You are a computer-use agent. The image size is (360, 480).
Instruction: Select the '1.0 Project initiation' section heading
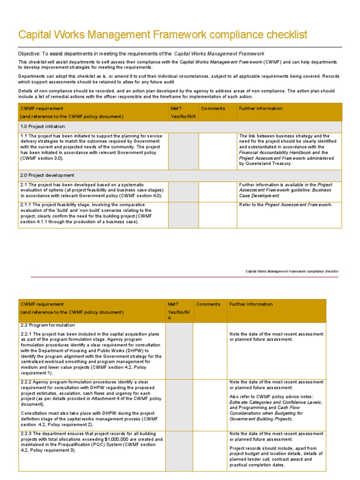point(43,127)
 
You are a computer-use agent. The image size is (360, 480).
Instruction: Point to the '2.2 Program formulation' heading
point(48,325)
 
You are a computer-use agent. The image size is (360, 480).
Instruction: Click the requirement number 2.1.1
point(27,205)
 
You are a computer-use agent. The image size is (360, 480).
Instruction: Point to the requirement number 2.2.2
point(27,382)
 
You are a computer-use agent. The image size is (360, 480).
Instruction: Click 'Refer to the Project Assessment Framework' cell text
point(285,205)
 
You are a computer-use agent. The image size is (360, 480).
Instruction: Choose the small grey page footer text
point(292,271)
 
